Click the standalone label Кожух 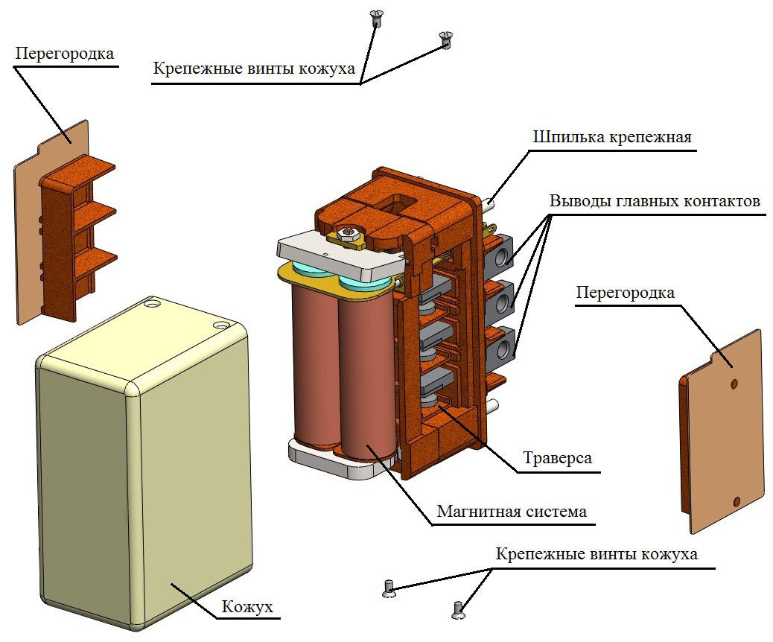247,608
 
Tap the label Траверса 557,457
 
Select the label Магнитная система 512,512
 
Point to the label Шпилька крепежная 612,138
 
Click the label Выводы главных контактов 655,202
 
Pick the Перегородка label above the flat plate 625,293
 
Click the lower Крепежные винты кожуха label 597,555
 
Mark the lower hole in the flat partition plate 736,500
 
